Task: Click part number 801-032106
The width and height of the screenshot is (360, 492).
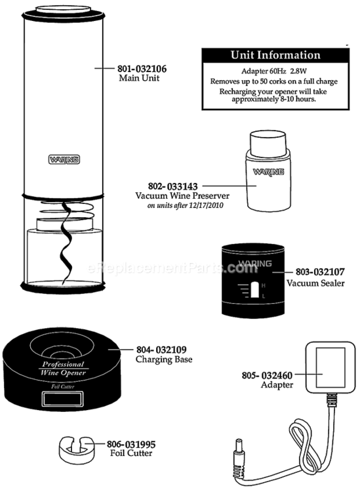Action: click(x=142, y=69)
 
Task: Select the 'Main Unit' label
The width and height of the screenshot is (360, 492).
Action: click(x=139, y=78)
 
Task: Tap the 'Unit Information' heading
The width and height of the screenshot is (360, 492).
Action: click(x=275, y=55)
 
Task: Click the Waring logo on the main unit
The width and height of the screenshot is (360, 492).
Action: click(x=64, y=159)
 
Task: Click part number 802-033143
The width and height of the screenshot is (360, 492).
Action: click(x=173, y=186)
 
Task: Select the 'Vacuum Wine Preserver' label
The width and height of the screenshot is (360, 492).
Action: click(x=182, y=195)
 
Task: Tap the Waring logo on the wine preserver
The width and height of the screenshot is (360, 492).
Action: click(x=268, y=172)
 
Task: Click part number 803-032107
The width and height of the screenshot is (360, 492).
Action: click(x=320, y=272)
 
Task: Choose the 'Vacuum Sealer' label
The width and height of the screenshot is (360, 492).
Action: click(x=315, y=283)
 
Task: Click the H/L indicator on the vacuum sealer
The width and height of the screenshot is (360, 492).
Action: click(x=254, y=290)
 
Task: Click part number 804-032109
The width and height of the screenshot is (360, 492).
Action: click(x=161, y=350)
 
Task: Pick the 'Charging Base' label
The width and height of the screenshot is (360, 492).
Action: click(x=164, y=359)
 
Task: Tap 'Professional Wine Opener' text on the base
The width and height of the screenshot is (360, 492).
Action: click(x=63, y=369)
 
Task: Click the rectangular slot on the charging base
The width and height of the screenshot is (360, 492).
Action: click(x=63, y=399)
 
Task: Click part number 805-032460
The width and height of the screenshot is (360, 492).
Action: click(x=267, y=375)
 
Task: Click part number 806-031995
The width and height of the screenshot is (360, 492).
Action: click(x=131, y=444)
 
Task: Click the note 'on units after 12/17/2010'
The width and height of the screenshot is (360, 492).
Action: click(x=186, y=205)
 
